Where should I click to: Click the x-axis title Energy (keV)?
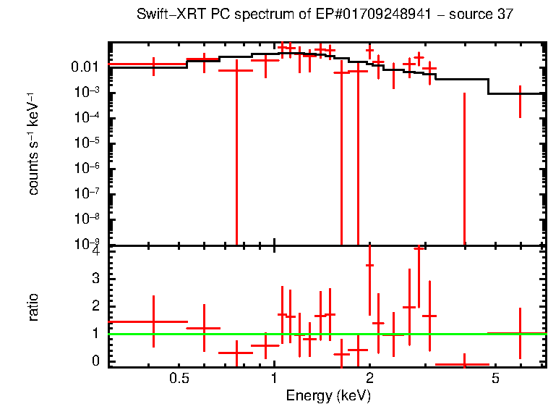tap(328, 395)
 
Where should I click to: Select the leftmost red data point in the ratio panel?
tap(153, 321)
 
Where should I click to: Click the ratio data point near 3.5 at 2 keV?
tap(369, 266)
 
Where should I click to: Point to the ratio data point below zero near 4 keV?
tap(463, 365)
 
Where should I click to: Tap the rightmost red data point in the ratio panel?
tap(520, 333)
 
